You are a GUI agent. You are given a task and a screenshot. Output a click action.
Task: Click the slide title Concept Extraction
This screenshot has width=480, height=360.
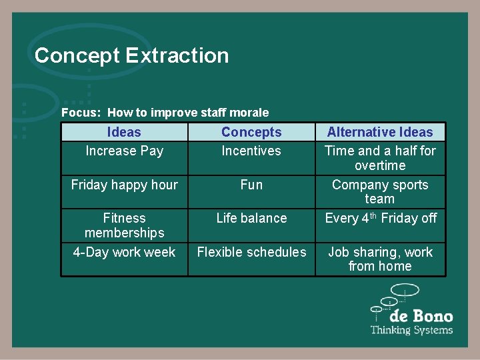pos(131,55)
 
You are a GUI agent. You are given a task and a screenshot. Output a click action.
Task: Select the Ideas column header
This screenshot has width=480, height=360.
pos(124,132)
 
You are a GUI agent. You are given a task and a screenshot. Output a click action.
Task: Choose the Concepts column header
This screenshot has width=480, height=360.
pos(251,132)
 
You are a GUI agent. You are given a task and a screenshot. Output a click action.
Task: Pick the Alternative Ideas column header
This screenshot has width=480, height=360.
pos(380,132)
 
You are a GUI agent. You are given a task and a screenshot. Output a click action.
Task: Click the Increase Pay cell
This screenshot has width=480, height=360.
pos(124,151)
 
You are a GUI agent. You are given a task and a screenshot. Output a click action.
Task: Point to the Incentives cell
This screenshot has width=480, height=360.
pos(251,151)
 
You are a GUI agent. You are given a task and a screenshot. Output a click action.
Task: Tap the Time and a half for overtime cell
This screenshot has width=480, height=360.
pos(380,158)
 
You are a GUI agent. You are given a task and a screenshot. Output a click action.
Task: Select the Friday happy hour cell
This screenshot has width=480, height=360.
pos(124,185)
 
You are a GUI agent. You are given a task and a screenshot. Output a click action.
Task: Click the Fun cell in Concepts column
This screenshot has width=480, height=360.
pos(251,185)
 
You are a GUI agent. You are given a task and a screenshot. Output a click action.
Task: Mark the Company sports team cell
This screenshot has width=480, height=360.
pos(380,192)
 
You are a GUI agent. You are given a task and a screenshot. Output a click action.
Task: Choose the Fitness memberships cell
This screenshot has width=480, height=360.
pos(124,225)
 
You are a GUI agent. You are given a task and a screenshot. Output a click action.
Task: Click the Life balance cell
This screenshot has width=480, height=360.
pos(251,218)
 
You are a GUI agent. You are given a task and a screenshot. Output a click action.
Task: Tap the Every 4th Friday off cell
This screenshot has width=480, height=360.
pos(380,218)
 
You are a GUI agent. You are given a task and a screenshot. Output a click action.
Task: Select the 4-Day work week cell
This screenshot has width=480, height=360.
pos(124,252)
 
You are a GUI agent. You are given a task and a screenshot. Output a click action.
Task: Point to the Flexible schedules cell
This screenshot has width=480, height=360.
pos(251,252)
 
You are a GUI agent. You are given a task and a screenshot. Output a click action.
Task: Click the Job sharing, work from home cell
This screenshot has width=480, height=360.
pos(380,259)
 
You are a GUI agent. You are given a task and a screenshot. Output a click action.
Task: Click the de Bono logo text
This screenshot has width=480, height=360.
pos(421,316)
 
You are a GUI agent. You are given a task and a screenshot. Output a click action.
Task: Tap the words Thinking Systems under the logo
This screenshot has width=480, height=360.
pos(411,330)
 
